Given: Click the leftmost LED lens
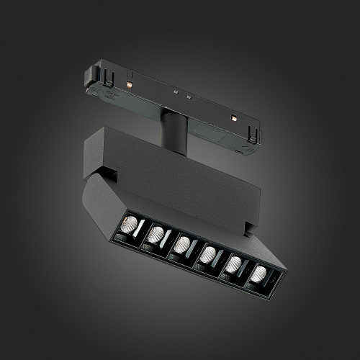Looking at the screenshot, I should pyautogui.click(x=130, y=224).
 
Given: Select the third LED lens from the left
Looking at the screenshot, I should pyautogui.click(x=183, y=244).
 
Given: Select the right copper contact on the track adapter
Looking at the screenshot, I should pyautogui.click(x=233, y=117).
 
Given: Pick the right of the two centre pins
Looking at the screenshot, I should pyautogui.click(x=189, y=97).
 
